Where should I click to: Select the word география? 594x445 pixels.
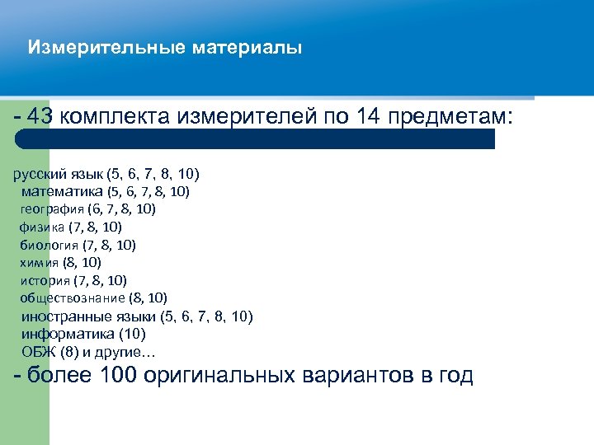[51, 209]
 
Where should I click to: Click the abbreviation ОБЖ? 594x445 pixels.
[35, 352]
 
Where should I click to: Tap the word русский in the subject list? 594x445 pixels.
[38, 174]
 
